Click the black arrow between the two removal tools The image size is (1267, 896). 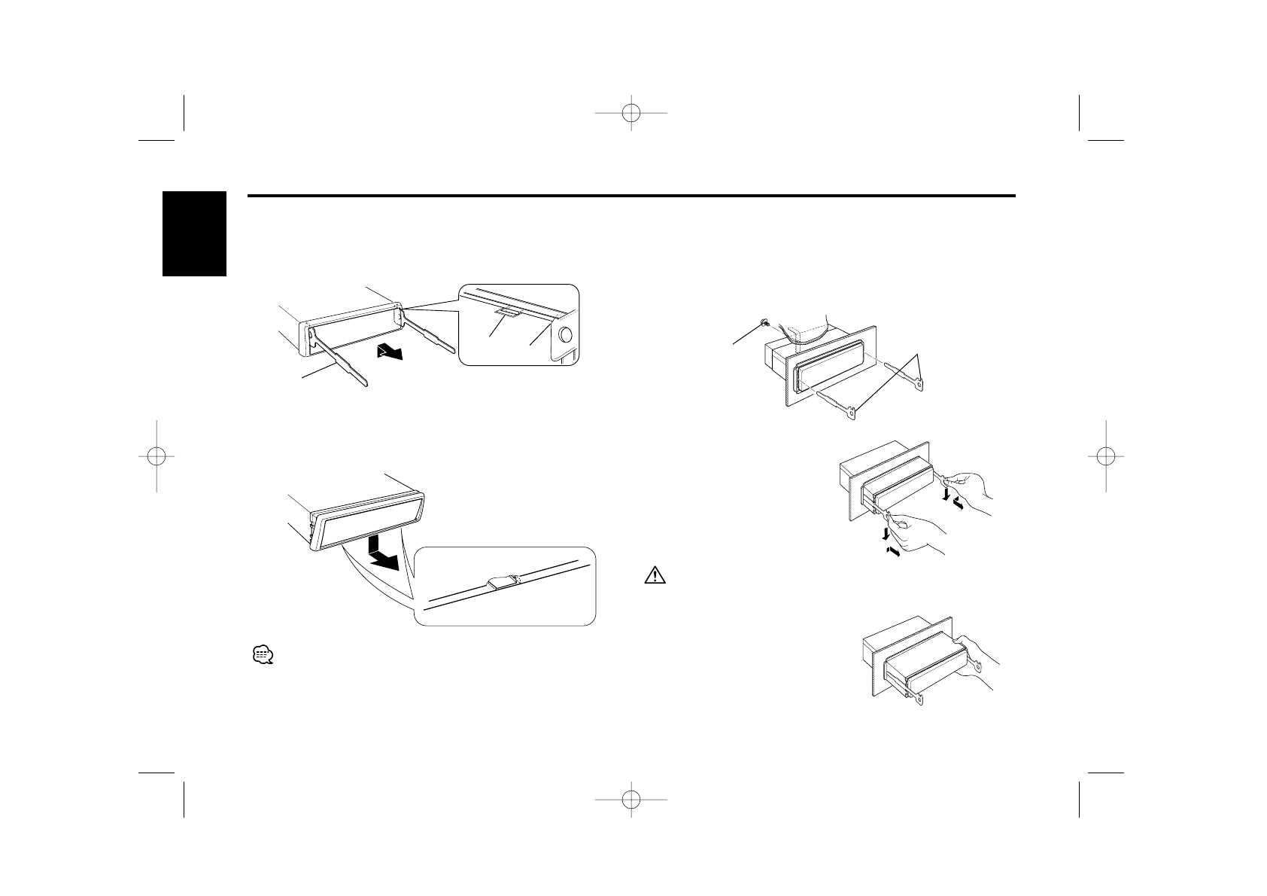(x=396, y=352)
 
